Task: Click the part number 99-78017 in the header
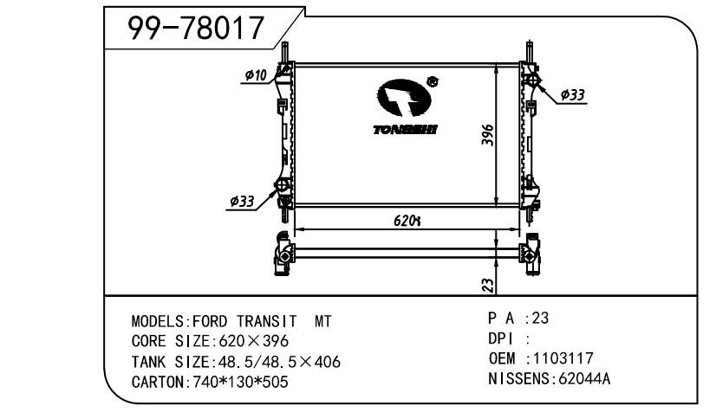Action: [x=196, y=28]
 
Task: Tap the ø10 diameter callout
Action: [x=256, y=74]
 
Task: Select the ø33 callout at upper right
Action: [x=573, y=95]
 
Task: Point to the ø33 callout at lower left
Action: [x=242, y=201]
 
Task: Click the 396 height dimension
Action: [x=488, y=135]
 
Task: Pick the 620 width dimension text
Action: [x=407, y=221]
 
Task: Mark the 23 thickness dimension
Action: [x=488, y=286]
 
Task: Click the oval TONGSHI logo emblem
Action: [x=404, y=98]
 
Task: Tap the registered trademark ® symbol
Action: [x=432, y=81]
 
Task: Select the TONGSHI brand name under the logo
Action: [x=405, y=130]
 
